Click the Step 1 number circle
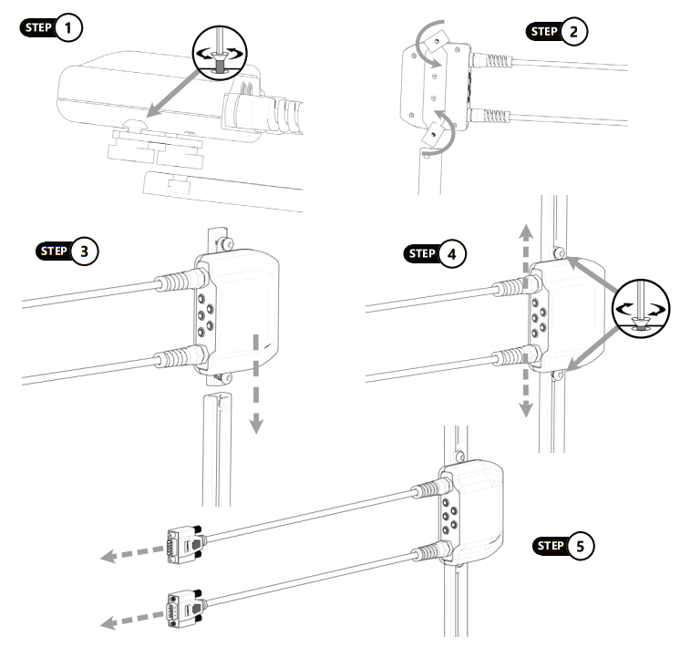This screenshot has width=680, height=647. pos(68,27)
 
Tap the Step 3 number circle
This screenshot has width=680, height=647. pos(85,251)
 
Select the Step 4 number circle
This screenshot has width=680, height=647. pos(447,253)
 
